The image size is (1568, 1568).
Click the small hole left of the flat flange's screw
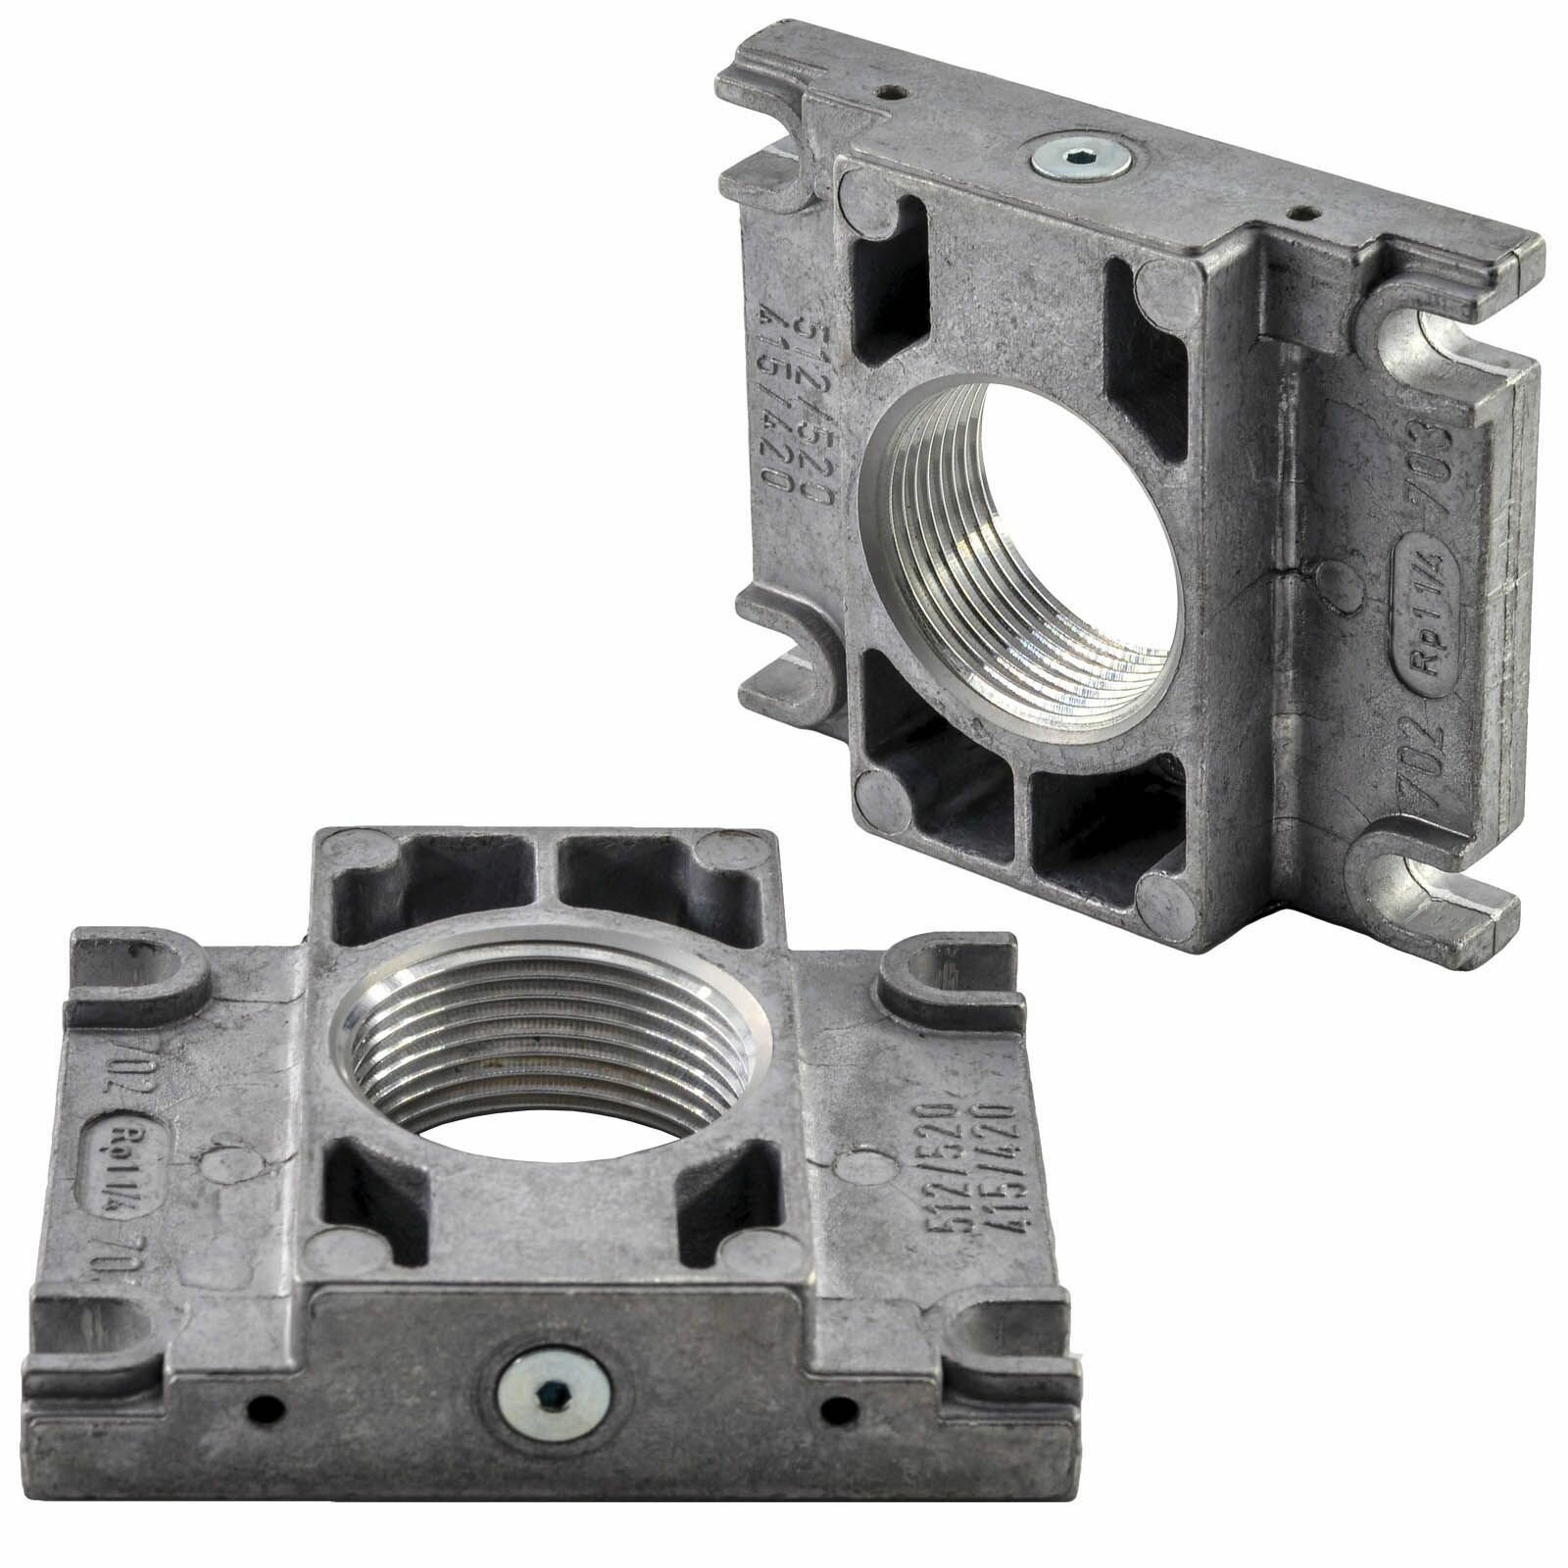coord(266,1409)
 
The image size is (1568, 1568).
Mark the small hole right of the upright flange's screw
coord(1303,211)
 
